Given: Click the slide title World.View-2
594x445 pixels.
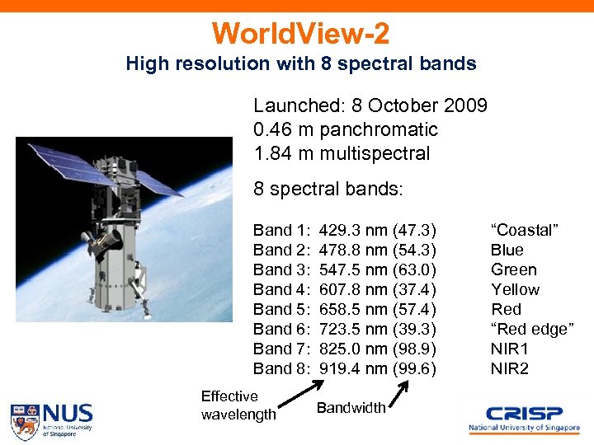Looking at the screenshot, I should pos(300,34).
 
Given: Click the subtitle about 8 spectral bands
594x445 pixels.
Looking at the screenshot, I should pos(300,63).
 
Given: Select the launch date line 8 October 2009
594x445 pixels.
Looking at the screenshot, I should pos(370,106).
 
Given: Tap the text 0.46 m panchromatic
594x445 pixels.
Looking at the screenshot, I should pos(346,129).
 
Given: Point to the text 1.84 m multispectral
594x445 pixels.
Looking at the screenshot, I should pos(342,153).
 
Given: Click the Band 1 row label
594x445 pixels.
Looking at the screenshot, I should pos(281,230).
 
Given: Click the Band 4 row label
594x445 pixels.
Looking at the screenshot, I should pos(281,289).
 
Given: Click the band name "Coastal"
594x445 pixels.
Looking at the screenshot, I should pos(525,230).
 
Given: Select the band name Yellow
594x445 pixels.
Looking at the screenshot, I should pos(515,289).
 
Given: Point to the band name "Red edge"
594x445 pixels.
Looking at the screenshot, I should pos(531,329).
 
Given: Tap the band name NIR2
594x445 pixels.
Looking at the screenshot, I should pos(510,368).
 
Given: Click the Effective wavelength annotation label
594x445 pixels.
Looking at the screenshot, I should pos(238,405).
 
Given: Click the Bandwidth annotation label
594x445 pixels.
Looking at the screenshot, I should pos(351,408).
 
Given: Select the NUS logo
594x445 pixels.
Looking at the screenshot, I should pos(51,419).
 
